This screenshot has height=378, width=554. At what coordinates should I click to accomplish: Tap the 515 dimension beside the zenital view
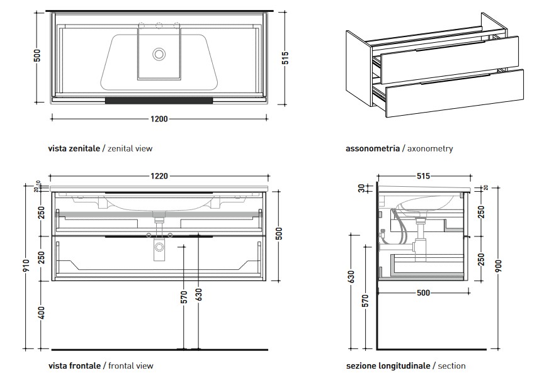285,58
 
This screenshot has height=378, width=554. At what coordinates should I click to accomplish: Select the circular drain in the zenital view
159,54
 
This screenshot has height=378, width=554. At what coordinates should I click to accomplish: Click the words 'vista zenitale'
74,149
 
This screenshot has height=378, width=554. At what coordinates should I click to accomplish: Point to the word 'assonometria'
373,149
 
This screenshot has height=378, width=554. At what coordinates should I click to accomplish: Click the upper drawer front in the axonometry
450,58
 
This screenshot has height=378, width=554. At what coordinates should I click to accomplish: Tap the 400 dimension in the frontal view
42,313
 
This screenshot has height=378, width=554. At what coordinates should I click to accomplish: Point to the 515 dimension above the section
422,177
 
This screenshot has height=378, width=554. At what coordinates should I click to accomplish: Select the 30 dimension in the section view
361,187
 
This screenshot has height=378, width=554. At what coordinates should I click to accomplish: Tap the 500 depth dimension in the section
422,292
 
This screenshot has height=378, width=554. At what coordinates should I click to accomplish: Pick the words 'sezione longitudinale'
388,365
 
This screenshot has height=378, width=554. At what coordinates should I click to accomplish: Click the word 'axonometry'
430,149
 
